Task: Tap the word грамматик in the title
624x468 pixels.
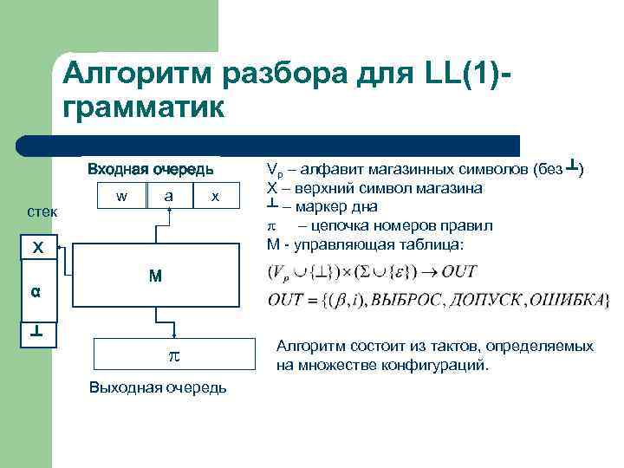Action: tap(143, 108)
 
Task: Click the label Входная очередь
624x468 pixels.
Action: tap(150, 169)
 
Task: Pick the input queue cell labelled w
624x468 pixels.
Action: tap(123, 197)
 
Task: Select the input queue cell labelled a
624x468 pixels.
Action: tap(171, 197)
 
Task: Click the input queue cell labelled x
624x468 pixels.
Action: tap(216, 197)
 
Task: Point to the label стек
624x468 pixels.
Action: tap(42, 211)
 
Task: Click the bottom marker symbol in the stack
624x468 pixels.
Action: tap(37, 332)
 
